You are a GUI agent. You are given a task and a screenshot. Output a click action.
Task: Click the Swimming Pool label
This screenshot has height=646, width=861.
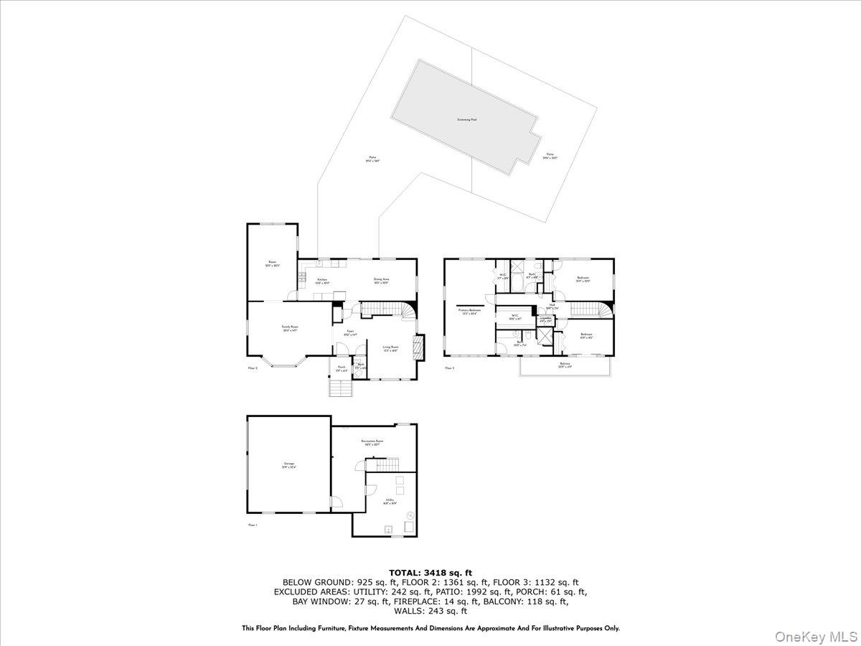coord(467,120)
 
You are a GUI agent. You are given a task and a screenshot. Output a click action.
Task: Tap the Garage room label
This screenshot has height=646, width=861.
coord(289,464)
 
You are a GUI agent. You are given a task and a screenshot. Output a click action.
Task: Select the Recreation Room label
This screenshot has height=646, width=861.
coord(371,444)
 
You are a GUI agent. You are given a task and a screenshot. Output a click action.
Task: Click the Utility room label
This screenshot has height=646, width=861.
coord(389,501)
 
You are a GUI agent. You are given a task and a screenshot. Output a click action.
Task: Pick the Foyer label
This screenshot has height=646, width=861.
coord(349,332)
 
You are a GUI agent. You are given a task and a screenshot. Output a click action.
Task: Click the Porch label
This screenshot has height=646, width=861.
coord(342,368)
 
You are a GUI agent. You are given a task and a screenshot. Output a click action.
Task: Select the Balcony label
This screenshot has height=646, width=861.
coord(565,365)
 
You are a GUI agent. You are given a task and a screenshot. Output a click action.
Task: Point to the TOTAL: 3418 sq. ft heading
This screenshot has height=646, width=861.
coord(430,573)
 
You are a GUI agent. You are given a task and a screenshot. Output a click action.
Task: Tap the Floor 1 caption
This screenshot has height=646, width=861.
coord(253,525)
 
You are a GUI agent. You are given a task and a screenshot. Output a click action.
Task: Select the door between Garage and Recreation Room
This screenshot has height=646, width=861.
coord(333,503)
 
